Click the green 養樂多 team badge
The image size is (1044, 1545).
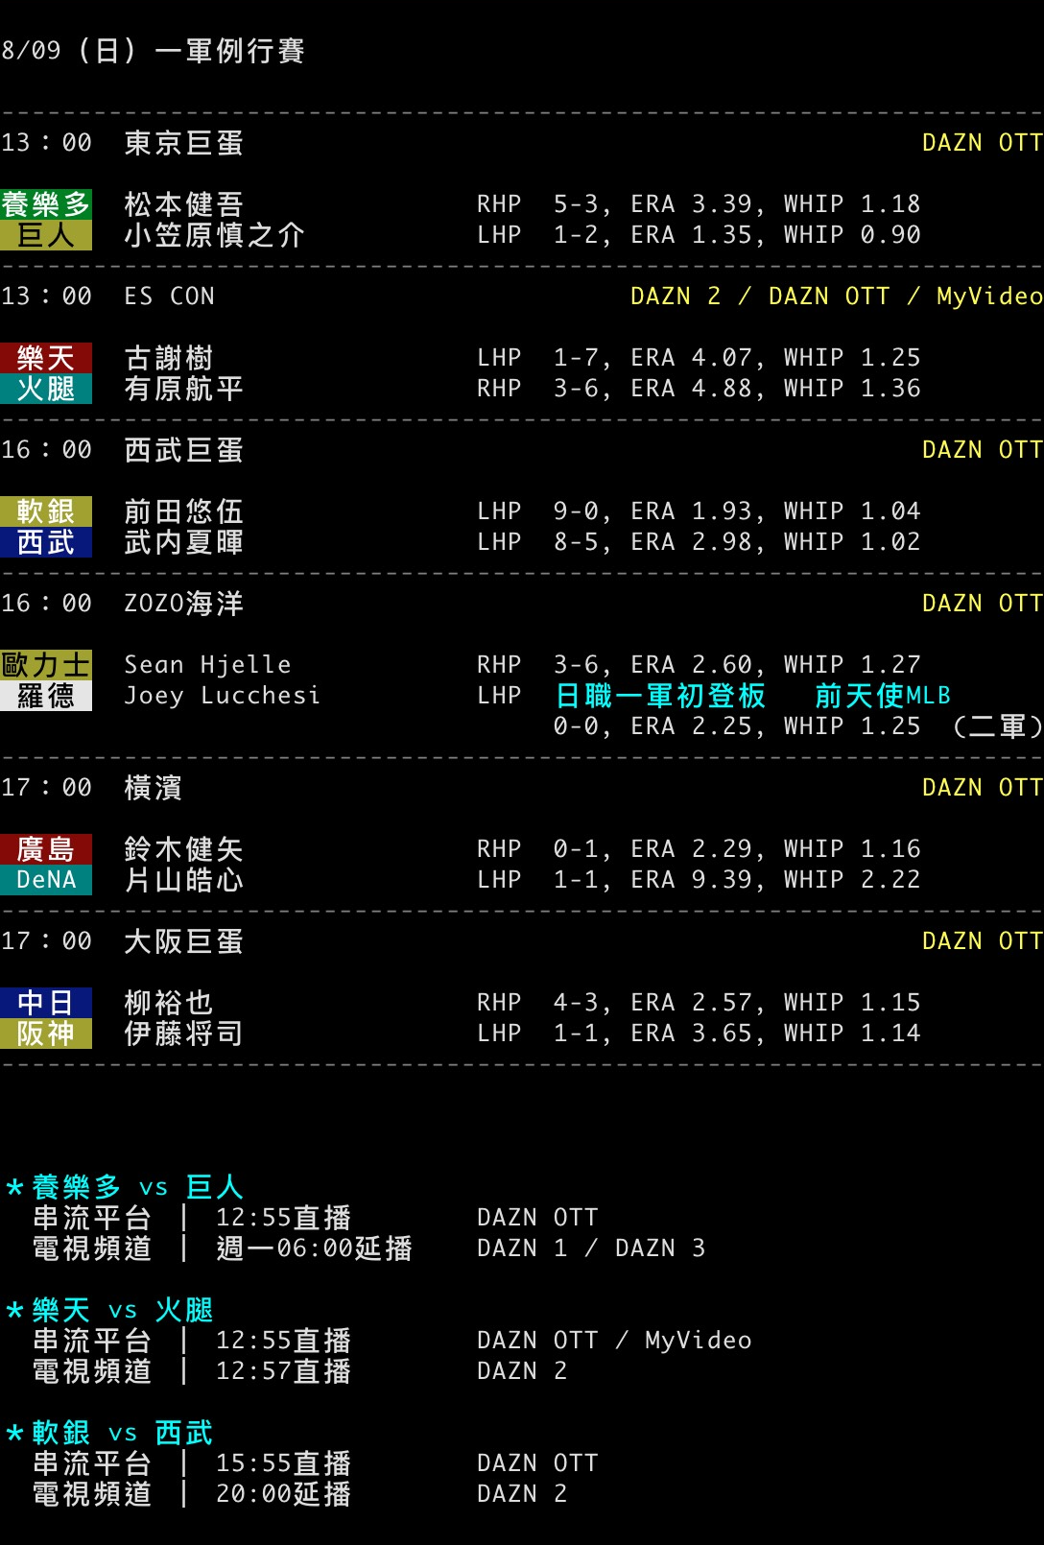click(45, 204)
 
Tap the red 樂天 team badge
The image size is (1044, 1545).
click(45, 358)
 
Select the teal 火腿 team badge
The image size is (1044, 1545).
click(45, 389)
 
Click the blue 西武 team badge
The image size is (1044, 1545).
click(45, 542)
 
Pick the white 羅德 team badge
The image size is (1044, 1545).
click(45, 695)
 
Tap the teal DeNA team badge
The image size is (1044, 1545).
click(45, 879)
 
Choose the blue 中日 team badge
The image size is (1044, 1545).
click(45, 1002)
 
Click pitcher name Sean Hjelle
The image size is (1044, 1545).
click(207, 664)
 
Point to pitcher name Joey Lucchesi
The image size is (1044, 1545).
click(222, 695)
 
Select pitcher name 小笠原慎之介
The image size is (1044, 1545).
click(214, 235)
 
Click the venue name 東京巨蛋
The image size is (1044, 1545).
click(183, 143)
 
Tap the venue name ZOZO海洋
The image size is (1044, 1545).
click(183, 604)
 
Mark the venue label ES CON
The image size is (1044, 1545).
click(169, 296)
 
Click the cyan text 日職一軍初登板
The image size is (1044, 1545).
click(660, 695)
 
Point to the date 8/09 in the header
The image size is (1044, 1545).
click(31, 50)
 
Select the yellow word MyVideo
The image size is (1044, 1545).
click(989, 296)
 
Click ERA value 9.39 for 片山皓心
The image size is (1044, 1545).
click(722, 879)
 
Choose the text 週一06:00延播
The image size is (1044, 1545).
click(314, 1248)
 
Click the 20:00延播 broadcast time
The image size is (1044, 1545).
click(283, 1493)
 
